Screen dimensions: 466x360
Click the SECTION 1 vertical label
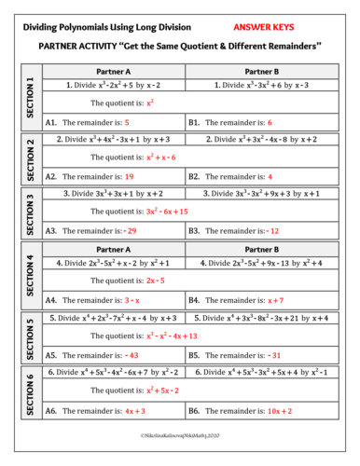tap(31, 97)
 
